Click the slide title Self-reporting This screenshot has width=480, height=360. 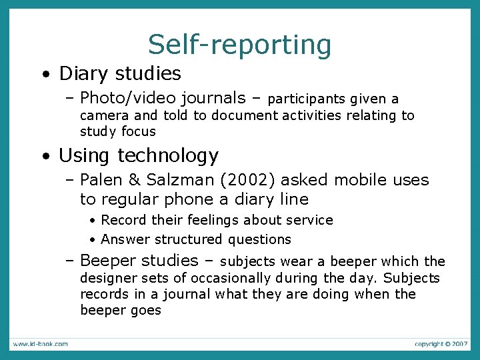(239, 45)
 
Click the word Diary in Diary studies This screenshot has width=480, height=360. (81, 73)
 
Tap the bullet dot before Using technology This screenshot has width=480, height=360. (43, 156)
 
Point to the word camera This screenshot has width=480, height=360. (101, 115)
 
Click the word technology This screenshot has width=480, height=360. (168, 156)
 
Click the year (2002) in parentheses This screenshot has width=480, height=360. (254, 180)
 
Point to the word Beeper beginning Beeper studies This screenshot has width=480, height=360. (106, 261)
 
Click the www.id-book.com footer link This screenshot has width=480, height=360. (40, 344)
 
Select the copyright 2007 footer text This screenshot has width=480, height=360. (441, 344)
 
